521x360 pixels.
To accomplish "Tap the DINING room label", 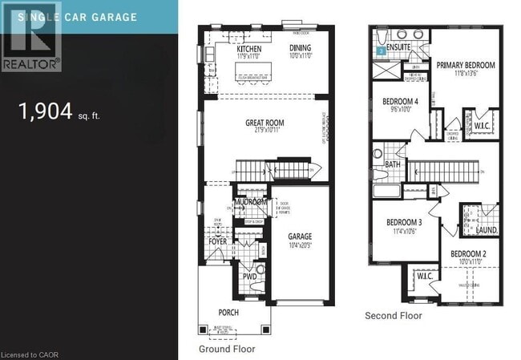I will [301, 47].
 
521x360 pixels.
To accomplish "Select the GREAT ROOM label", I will [265, 123].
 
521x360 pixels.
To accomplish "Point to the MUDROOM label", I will [250, 203].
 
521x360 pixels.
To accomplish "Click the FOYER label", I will [218, 241].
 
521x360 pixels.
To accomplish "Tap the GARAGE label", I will [300, 237].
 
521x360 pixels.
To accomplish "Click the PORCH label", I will [228, 312].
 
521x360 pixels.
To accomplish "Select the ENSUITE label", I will [398, 47].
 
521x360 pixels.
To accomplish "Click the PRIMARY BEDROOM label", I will [466, 65].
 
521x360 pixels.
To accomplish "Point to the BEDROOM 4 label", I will [399, 102].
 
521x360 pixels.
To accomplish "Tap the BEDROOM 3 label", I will [404, 222].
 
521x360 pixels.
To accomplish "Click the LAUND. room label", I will [487, 230].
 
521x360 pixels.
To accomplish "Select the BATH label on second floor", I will [392, 164].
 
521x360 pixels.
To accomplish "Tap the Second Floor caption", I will [393, 316].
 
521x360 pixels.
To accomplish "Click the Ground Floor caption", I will [227, 350].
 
